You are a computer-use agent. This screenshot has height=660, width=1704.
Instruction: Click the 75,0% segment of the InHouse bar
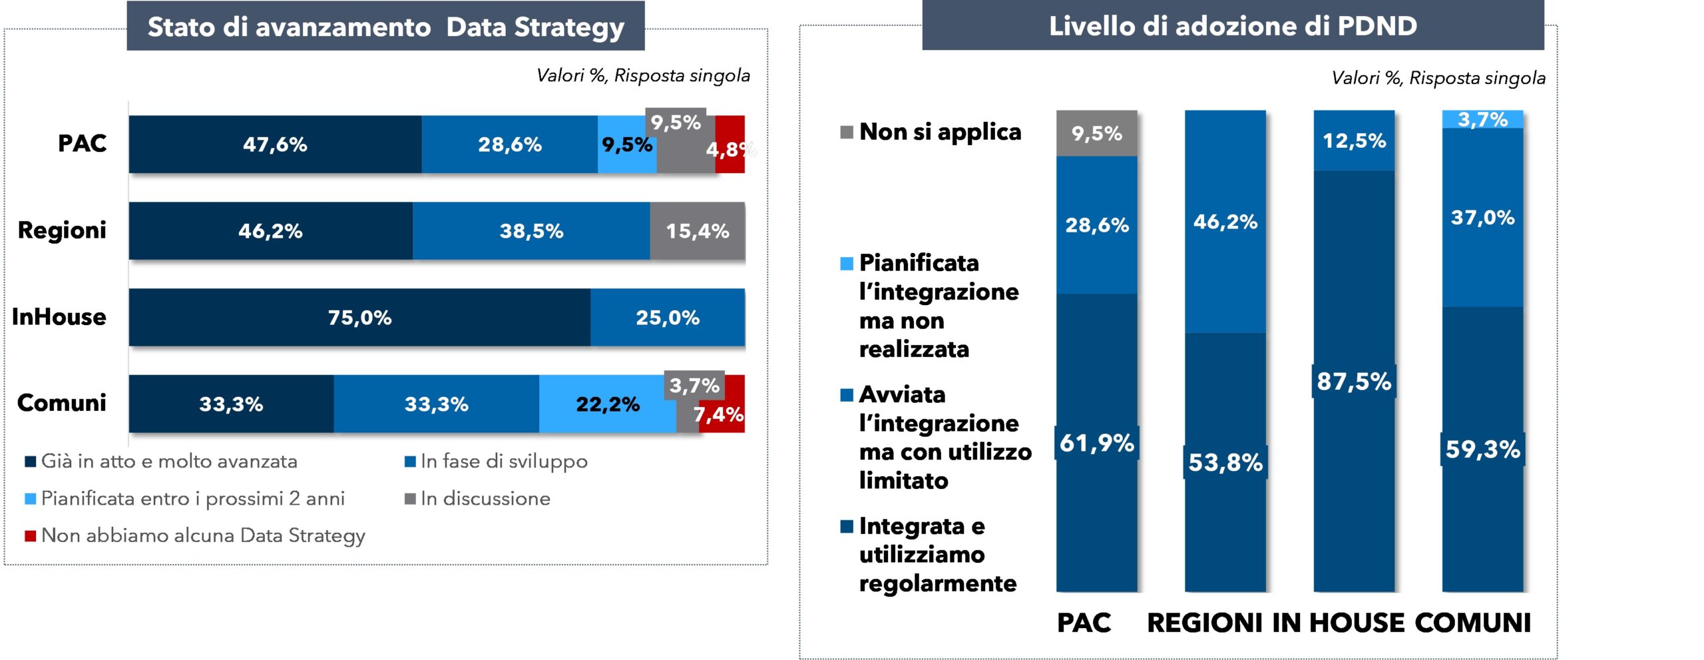[x=359, y=317]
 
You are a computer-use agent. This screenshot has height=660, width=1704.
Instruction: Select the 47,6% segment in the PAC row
[x=275, y=145]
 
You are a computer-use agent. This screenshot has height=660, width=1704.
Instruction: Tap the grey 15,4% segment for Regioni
[x=697, y=231]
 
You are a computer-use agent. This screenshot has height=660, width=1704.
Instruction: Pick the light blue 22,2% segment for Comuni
[x=607, y=404]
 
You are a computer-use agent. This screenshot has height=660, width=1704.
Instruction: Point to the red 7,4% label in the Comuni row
[x=719, y=415]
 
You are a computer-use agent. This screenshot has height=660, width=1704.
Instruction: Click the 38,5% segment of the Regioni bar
[x=531, y=231]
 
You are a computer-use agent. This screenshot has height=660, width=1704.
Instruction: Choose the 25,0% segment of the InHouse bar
[x=667, y=317]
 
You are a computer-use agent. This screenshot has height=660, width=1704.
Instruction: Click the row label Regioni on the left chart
[x=62, y=230]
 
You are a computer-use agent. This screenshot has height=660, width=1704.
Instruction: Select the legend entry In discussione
[x=485, y=498]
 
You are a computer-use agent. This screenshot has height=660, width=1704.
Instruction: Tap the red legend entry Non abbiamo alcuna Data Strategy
[x=202, y=535]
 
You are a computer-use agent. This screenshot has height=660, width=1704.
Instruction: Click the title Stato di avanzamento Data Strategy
[x=385, y=27]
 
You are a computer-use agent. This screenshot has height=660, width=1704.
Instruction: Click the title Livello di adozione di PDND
[x=1233, y=26]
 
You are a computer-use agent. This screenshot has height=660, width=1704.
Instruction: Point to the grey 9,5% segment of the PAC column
[x=1096, y=133]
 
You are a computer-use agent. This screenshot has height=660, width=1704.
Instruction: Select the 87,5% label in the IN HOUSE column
[x=1353, y=382]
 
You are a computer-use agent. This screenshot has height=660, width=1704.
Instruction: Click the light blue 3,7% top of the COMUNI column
[x=1482, y=119]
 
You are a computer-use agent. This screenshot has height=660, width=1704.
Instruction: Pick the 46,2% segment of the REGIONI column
[x=1225, y=222]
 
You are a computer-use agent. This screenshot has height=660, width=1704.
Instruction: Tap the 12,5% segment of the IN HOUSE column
[x=1354, y=141]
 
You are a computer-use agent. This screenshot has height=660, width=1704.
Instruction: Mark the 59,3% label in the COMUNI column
[x=1482, y=449]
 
